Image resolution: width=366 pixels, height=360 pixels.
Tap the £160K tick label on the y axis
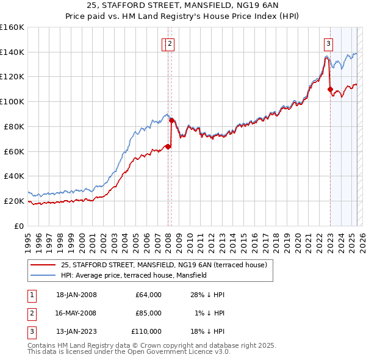12,27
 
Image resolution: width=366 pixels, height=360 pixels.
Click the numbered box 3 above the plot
329,43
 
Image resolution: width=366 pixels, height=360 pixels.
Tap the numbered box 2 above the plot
169,43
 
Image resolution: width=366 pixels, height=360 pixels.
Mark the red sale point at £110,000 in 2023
330,90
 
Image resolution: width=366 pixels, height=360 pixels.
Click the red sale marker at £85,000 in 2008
171,120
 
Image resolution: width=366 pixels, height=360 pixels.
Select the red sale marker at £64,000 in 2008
168,146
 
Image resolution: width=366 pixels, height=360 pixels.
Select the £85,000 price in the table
148,313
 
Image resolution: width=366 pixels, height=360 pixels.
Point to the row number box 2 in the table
30,313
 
